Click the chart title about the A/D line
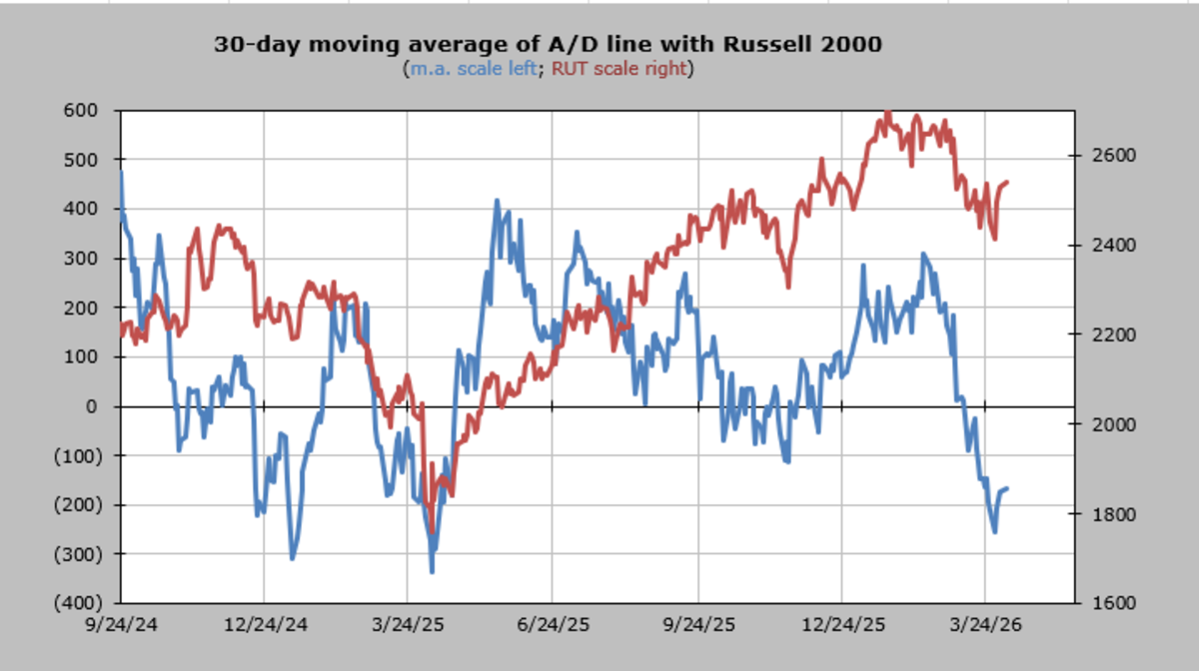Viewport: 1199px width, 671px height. coord(548,44)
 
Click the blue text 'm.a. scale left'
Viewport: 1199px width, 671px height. coord(474,69)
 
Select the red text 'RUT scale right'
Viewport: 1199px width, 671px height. coord(618,69)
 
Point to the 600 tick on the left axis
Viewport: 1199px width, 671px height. coord(81,110)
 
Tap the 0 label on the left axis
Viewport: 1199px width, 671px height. coord(92,406)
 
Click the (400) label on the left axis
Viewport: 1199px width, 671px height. coord(78,603)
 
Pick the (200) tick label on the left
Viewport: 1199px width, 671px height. coord(78,504)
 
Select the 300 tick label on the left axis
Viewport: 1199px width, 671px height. coord(81,259)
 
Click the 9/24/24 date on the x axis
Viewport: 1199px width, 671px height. coord(122,624)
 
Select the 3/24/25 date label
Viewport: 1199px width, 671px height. coord(408,624)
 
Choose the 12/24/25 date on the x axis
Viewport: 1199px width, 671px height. coord(843,624)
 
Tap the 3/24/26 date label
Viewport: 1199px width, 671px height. coord(985,624)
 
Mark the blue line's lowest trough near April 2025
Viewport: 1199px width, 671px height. coord(432,572)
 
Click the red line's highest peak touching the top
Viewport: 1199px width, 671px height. coord(888,112)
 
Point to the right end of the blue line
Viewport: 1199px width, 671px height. coord(1007,488)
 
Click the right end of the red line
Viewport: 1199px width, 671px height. coord(1007,182)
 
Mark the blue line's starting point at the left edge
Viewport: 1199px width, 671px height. coord(122,172)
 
